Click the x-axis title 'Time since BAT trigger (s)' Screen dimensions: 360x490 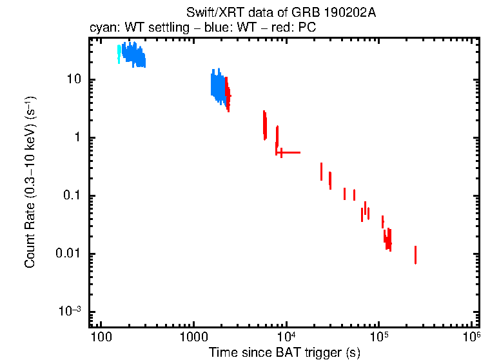point(284,352)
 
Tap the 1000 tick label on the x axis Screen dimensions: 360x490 point(193,337)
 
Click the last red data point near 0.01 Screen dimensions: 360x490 point(415,255)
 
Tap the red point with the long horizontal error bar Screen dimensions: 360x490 point(281,152)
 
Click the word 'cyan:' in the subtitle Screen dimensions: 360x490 point(103,29)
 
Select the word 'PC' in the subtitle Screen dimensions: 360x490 point(306,29)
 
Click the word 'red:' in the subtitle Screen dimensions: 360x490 point(278,29)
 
